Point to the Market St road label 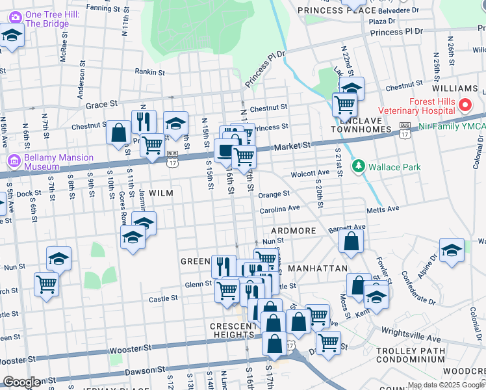pos(294,147)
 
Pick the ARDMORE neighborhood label pos(293,231)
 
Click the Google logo pos(21,382)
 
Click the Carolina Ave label pos(279,209)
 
